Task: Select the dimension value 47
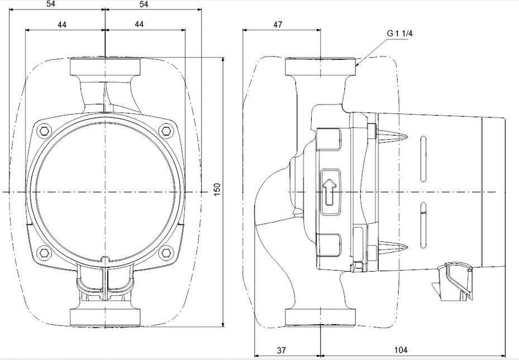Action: pos(278,25)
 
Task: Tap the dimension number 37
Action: pos(282,350)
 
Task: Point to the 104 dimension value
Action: pos(400,350)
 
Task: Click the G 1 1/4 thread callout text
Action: pos(399,34)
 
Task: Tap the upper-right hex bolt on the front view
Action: pos(165,131)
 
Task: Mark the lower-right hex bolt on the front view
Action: pos(165,252)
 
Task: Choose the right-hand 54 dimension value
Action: pos(144,4)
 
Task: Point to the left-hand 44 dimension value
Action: pos(62,25)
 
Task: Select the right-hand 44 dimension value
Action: pos(139,25)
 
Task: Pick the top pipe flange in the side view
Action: pos(321,68)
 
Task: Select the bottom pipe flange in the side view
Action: pos(321,316)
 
